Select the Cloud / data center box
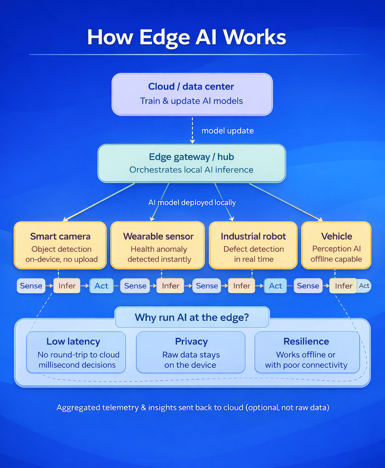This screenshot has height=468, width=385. click(192, 94)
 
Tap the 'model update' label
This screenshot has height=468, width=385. click(227, 131)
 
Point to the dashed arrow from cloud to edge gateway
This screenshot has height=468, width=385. click(192, 130)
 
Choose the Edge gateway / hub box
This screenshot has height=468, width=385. click(192, 163)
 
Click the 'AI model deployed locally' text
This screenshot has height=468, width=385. click(192, 202)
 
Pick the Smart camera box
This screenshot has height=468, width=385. click(60, 245)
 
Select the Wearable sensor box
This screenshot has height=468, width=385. click(158, 245)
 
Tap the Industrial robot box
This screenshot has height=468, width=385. click(253, 245)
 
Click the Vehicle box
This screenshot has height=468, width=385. click(336, 245)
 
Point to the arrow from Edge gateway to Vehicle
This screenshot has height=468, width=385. click(286, 202)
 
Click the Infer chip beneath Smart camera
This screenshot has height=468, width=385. click(67, 286)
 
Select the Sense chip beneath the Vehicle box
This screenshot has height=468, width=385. click(308, 286)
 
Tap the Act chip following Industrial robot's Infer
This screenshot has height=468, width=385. click(275, 286)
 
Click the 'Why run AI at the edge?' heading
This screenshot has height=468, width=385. click(192, 317)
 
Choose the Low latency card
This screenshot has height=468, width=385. click(76, 352)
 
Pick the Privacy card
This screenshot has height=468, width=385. click(191, 352)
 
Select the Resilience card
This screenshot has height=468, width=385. click(307, 352)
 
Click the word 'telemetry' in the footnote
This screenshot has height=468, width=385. click(120, 408)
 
